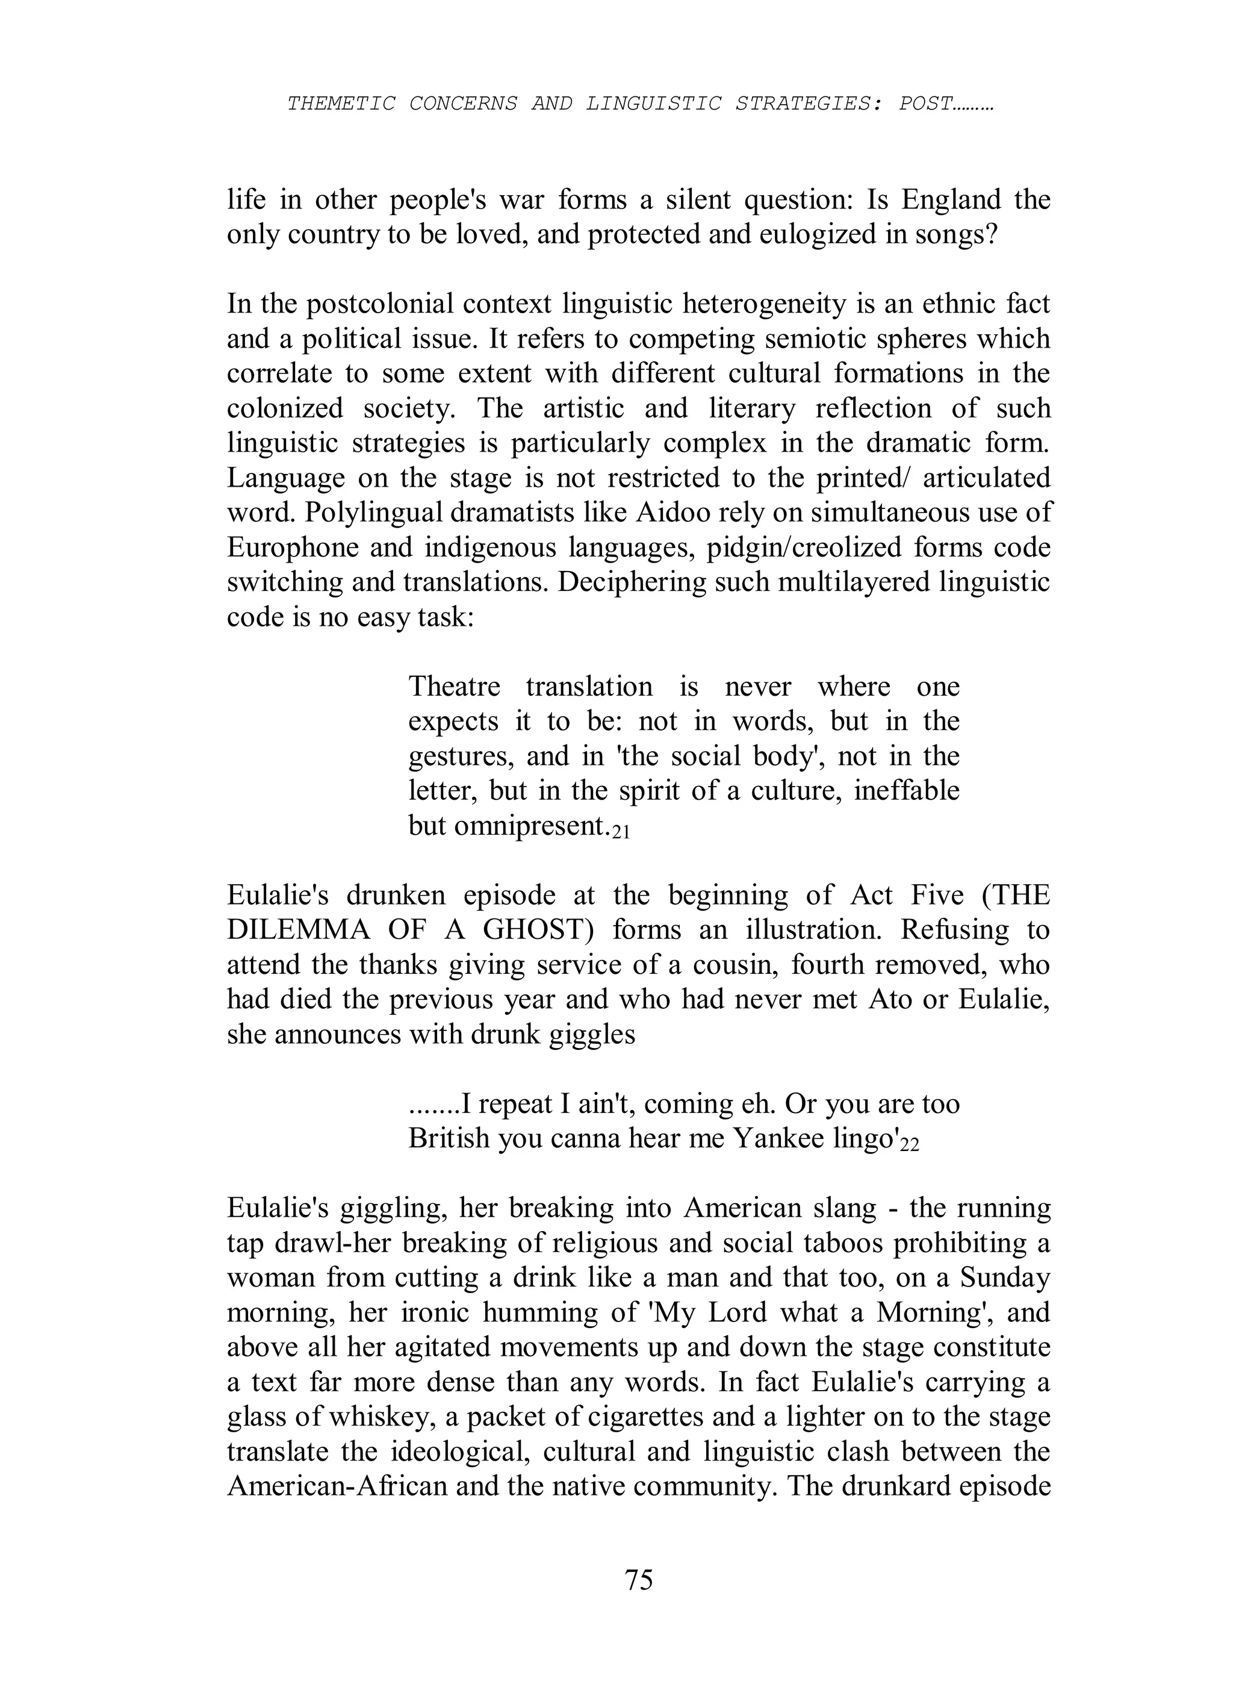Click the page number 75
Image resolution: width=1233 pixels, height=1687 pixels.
639,1580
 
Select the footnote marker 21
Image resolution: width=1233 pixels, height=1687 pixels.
621,832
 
